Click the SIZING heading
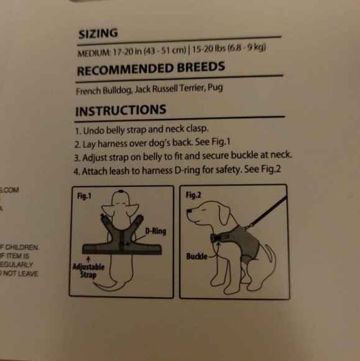pyautogui.click(x=98, y=35)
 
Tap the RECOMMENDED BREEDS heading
pyautogui.click(x=150, y=69)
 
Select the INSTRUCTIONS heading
pyautogui.click(x=121, y=111)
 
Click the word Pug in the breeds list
pyautogui.click(x=215, y=88)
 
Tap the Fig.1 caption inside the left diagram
pyautogui.click(x=85, y=195)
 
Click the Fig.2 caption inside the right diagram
pyautogui.click(x=193, y=195)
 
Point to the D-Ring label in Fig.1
pyautogui.click(x=156, y=232)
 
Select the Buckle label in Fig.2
pyautogui.click(x=196, y=256)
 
